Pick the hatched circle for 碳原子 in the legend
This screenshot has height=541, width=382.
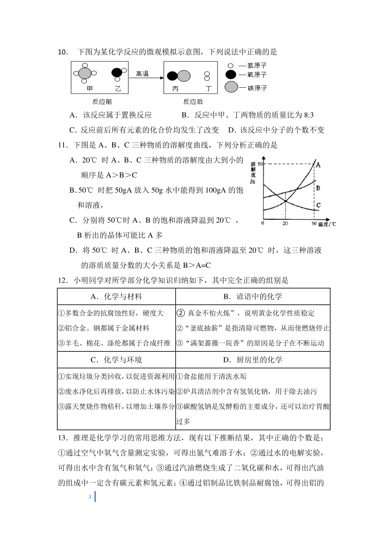(x=231, y=87)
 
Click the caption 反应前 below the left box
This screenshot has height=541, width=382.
(x=102, y=102)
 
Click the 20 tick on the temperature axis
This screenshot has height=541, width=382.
(x=285, y=223)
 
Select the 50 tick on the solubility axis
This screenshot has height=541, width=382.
(x=259, y=164)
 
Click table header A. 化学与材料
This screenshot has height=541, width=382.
(x=116, y=297)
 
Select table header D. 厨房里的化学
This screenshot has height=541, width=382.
(x=253, y=360)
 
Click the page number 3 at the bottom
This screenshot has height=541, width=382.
(x=90, y=497)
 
